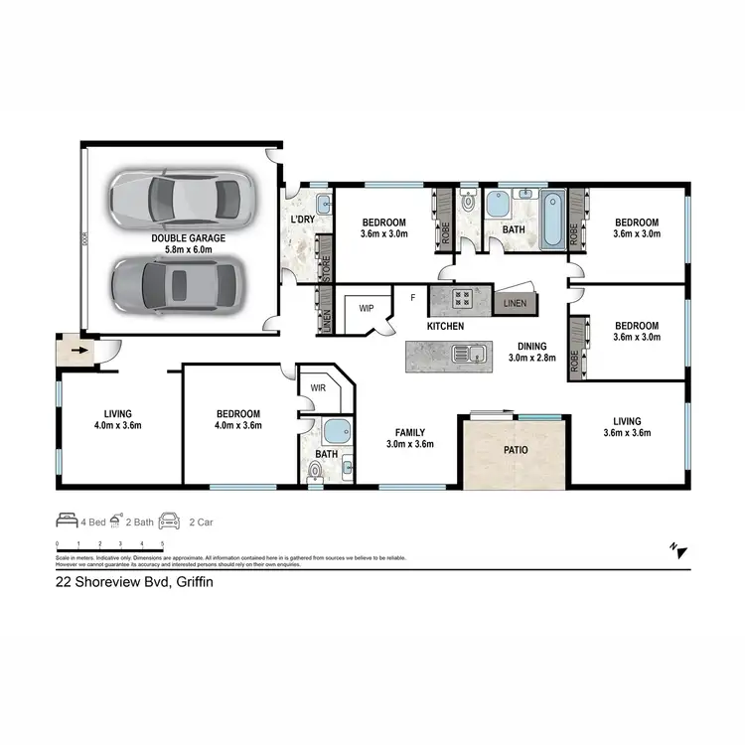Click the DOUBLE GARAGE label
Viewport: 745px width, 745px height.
(188, 238)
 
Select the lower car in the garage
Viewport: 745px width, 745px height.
(176, 285)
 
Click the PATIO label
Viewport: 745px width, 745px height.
(512, 450)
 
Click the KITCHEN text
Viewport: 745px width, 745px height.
(445, 326)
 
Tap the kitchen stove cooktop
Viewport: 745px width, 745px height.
(462, 296)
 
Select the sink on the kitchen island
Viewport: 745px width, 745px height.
(464, 352)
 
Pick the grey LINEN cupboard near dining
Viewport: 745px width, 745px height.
(515, 302)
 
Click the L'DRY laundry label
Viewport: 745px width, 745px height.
(303, 220)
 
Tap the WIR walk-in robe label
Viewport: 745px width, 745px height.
(317, 387)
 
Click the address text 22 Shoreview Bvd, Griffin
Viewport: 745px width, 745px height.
(134, 583)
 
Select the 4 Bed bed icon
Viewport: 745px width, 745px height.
(66, 520)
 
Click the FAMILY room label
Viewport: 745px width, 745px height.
(410, 432)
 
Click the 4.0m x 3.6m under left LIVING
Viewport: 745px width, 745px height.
(118, 425)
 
